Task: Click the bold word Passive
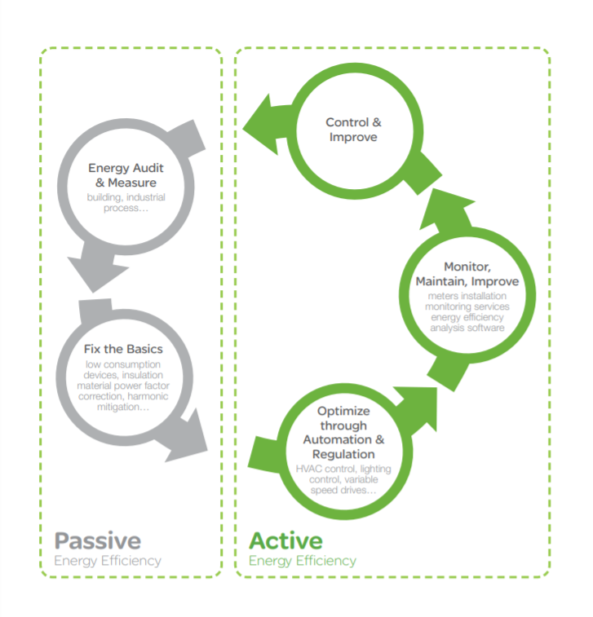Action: [x=97, y=540]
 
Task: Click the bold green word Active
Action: [x=285, y=540]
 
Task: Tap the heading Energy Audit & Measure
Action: [x=126, y=175]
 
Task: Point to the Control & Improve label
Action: [x=353, y=130]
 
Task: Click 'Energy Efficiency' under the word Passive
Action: [x=108, y=561]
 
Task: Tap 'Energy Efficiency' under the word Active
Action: [x=303, y=561]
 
